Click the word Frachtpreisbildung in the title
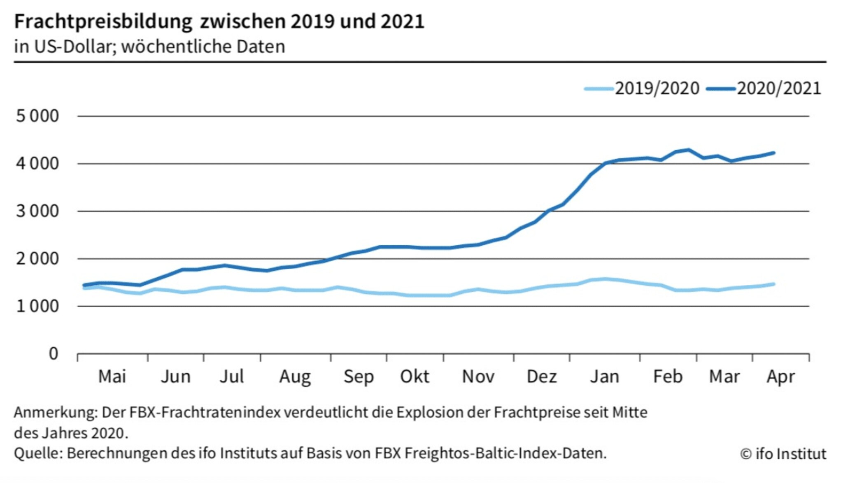point(103,21)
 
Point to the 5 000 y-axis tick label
point(37,116)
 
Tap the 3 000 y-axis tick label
point(37,211)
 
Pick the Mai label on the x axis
point(112,376)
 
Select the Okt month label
point(415,376)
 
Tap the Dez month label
point(542,376)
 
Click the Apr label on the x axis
point(781,376)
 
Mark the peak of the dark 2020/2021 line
point(688,150)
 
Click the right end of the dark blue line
point(774,153)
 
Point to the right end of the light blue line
point(774,284)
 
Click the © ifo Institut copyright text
point(783,454)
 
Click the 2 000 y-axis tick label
point(37,259)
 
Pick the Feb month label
point(668,376)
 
